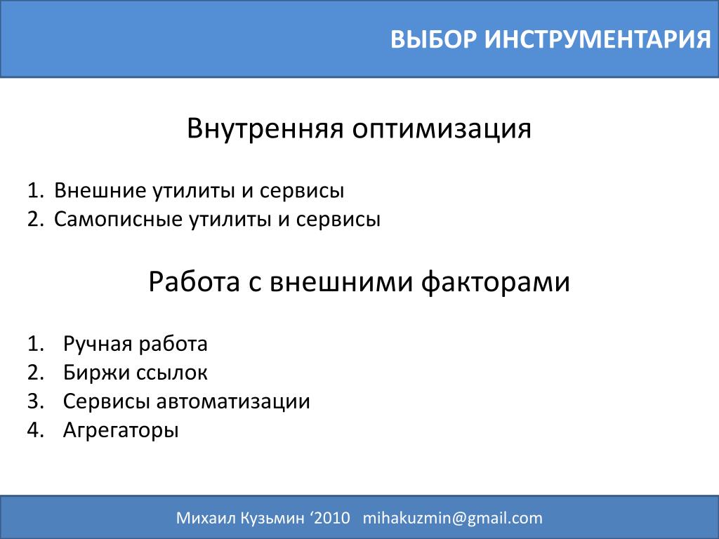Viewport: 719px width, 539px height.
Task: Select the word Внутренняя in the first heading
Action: pyautogui.click(x=265, y=128)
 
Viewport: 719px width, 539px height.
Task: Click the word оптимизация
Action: pyautogui.click(x=442, y=130)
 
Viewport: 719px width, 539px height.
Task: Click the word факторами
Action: pyautogui.click(x=495, y=282)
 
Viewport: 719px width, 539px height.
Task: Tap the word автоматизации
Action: pyautogui.click(x=233, y=402)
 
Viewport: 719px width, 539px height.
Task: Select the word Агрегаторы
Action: pyautogui.click(x=121, y=431)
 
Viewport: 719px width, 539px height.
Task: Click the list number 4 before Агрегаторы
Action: pyautogui.click(x=35, y=430)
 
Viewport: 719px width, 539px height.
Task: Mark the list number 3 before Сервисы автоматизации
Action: pyautogui.click(x=35, y=401)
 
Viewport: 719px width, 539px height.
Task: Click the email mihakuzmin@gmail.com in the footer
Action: pyautogui.click(x=453, y=518)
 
